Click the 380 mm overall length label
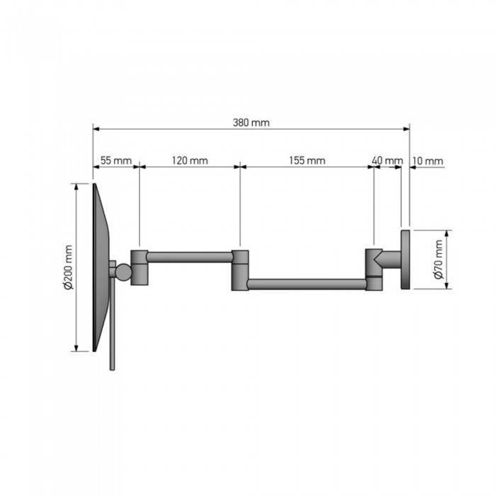251,123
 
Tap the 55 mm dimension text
116,161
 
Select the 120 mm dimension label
190,161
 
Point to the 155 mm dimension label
307,161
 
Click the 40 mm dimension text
387,161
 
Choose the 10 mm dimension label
428,161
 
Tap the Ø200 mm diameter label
68,267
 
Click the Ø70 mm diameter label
439,259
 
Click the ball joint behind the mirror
123,272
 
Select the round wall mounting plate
405,259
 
